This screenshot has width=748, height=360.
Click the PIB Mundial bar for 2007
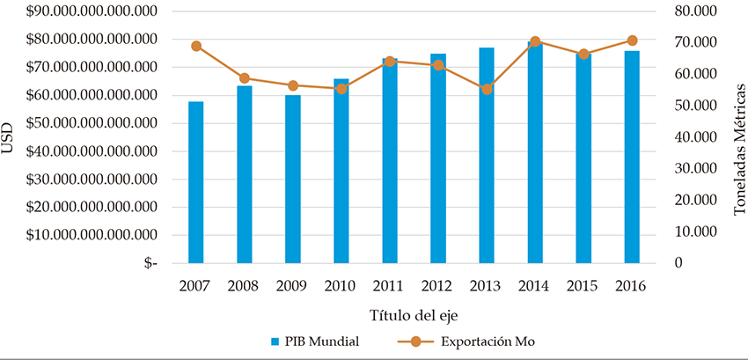tap(196, 183)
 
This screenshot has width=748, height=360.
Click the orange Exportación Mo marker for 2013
tap(487, 89)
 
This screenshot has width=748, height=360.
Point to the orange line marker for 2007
tap(196, 47)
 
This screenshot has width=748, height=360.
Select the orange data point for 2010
tap(341, 89)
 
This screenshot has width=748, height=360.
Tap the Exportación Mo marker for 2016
tap(632, 40)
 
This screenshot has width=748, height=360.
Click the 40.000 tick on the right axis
tap(693, 137)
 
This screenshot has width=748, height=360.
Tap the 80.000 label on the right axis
tap(693, 11)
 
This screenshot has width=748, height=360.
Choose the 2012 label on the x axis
tap(438, 287)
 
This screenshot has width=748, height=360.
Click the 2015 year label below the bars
tap(583, 287)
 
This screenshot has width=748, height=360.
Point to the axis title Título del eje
tap(413, 314)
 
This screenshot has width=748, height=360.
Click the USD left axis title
tap(9, 138)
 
